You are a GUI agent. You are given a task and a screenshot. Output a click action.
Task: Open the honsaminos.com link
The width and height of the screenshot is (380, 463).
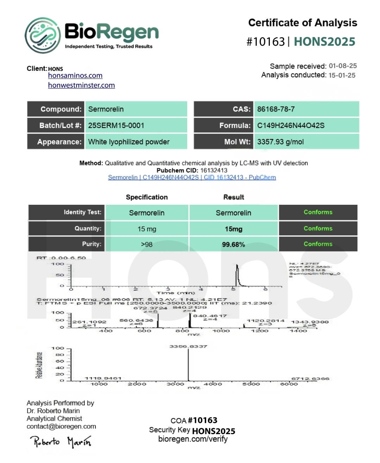pos(75,76)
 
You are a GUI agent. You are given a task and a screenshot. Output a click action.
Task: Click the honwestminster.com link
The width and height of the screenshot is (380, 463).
pos(81,85)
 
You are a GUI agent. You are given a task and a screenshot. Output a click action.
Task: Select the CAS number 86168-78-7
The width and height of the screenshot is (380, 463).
pos(276,109)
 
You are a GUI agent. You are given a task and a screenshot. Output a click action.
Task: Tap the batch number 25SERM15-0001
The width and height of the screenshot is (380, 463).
pos(116,126)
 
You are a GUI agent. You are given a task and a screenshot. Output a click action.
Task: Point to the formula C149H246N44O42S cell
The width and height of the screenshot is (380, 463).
pos(291,126)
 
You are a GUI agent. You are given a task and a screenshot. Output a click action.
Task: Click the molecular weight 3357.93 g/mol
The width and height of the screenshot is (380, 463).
pos(280,142)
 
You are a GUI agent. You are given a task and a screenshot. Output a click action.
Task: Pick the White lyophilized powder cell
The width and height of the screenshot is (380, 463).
pos(129,142)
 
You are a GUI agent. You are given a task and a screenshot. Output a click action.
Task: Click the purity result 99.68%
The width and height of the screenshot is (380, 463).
pos(233,245)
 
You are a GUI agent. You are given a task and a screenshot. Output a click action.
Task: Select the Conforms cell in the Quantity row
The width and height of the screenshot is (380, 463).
pos(318,228)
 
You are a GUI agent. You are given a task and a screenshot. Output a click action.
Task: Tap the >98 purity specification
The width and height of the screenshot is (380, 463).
pos(147,245)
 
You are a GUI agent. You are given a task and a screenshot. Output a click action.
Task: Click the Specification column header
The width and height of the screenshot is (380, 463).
pos(147,197)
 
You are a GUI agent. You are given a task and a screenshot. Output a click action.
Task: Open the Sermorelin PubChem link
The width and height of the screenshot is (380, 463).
pos(192,177)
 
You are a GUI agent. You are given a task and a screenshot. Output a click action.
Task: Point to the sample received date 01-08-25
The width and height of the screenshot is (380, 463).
pos(343,66)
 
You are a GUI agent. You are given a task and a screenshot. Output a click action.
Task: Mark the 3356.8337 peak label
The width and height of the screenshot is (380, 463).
pos(188,347)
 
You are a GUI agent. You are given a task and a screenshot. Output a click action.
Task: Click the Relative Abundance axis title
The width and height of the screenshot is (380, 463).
pos(39,365)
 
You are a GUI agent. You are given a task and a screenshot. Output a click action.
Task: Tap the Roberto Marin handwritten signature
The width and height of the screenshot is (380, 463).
pos(61,442)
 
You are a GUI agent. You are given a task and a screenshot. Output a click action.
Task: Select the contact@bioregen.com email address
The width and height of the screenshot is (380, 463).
pos(61,426)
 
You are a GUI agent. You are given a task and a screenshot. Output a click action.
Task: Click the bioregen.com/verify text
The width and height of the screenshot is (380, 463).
pos(193,439)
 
